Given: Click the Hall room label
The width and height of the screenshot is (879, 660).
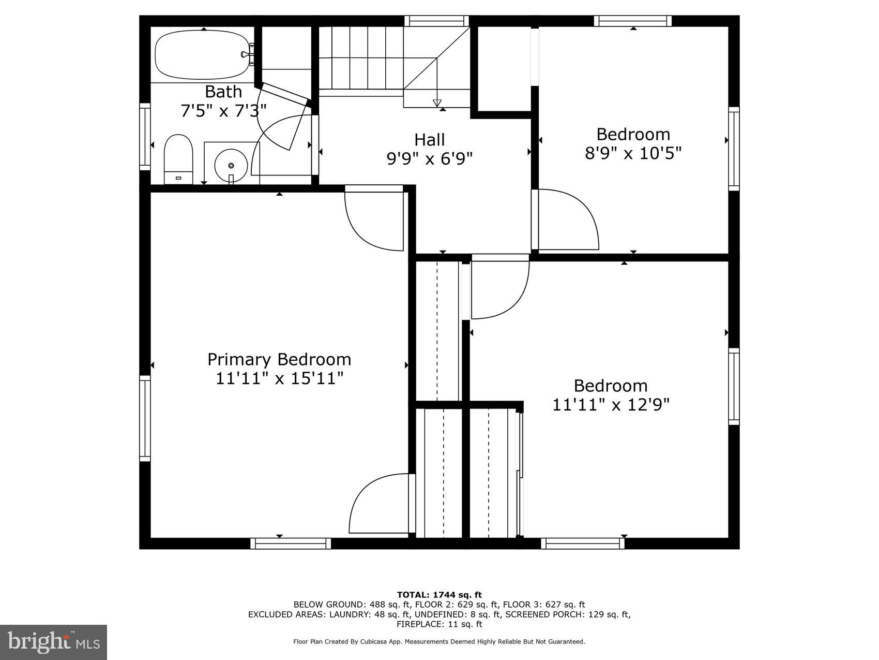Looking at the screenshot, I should coord(429,140).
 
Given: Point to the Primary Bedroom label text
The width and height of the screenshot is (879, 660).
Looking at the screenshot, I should coord(279,359).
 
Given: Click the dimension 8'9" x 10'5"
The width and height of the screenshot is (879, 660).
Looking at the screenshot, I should coord(633,154).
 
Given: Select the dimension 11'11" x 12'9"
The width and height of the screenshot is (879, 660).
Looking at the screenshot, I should coord(611,404).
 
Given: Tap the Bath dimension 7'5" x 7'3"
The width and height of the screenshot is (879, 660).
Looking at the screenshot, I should coord(223,110).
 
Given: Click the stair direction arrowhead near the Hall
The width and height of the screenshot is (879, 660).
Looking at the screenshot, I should coord(437,102).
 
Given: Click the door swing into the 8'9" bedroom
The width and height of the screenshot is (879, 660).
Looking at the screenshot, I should coord(566,220).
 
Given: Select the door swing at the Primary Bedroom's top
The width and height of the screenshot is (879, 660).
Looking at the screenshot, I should coord(374,220).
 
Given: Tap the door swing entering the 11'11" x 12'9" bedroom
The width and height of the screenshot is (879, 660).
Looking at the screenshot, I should coord(499,290).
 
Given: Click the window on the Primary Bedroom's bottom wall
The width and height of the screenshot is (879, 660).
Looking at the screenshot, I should coord(291,543).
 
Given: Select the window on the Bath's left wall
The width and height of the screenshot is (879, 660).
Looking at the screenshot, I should coord(145,136).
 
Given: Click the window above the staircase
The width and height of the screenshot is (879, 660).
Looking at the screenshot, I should coord(436,21).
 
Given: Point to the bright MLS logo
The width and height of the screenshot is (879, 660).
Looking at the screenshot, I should coord(54,642).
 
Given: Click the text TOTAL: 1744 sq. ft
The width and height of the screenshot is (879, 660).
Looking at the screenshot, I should coord(439,595).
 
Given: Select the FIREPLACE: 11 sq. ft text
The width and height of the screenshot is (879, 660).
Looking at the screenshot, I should coord(439,624).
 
